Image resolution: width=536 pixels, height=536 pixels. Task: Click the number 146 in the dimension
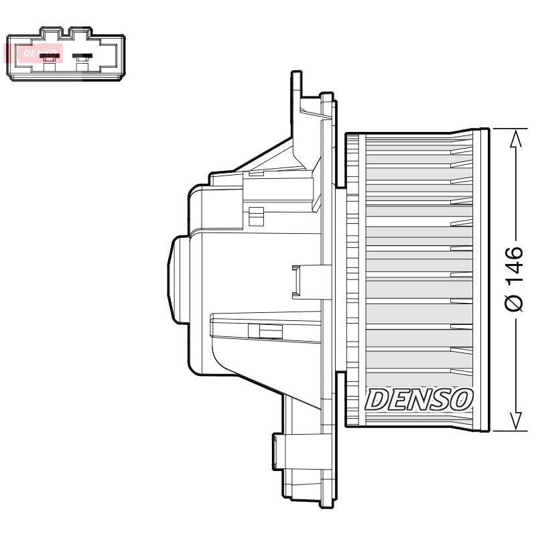(515, 265)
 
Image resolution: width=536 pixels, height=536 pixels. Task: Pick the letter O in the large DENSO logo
(462, 399)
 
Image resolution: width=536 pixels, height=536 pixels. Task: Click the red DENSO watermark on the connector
(40, 54)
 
